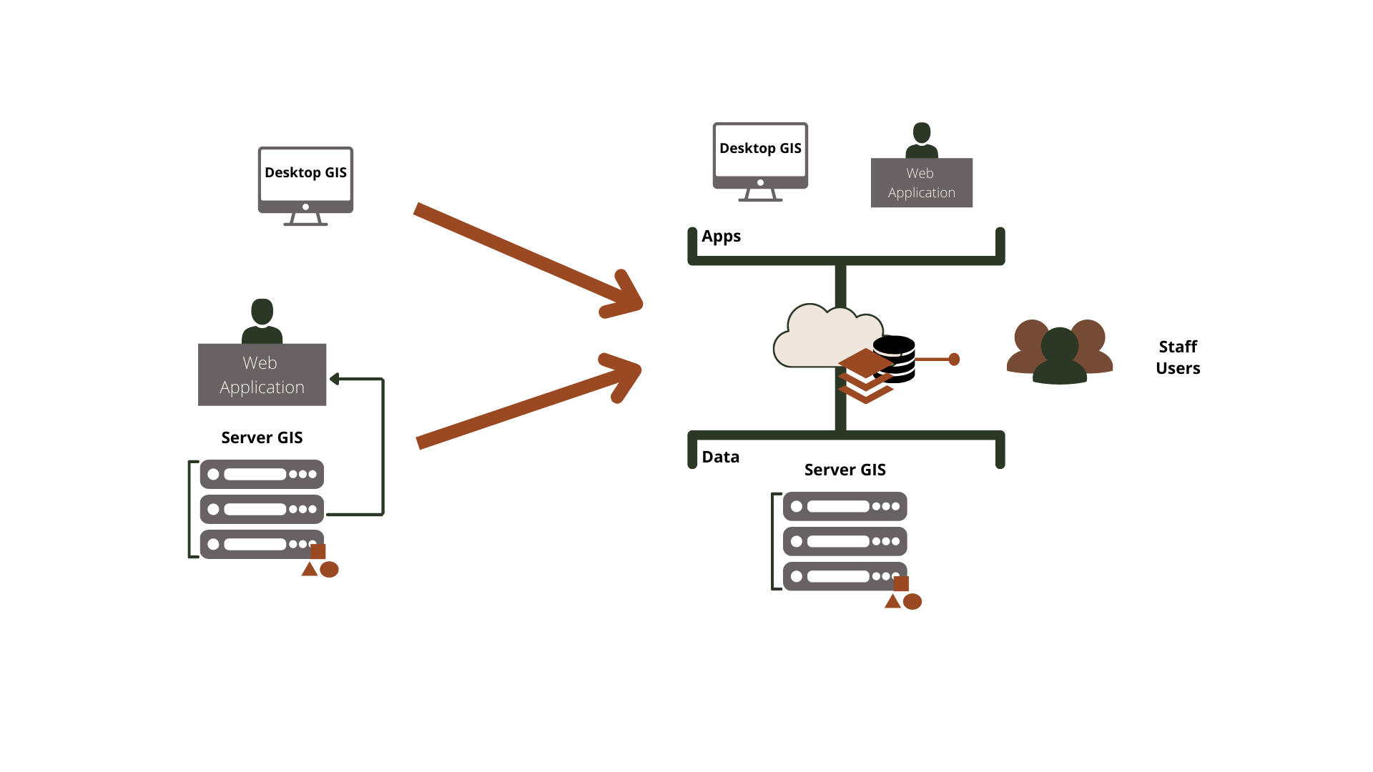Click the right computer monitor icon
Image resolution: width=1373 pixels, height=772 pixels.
(x=760, y=157)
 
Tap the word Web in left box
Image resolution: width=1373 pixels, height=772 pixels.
(x=260, y=363)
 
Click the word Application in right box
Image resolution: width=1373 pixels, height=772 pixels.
(x=921, y=193)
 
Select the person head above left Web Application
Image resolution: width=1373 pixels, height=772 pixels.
(x=262, y=312)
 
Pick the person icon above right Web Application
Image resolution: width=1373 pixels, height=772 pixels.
(x=922, y=140)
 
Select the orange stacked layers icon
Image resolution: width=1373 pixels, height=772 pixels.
(x=866, y=376)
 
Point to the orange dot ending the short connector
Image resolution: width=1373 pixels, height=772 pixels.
(x=954, y=360)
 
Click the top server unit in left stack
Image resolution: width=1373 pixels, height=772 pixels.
(x=262, y=474)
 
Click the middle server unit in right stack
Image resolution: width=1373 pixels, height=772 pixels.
(x=845, y=541)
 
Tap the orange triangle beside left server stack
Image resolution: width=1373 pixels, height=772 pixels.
(x=309, y=570)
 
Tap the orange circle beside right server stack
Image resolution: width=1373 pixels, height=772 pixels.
(x=912, y=602)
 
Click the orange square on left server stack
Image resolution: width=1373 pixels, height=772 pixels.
(x=318, y=552)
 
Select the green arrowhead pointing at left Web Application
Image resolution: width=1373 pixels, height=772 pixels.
(x=334, y=379)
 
